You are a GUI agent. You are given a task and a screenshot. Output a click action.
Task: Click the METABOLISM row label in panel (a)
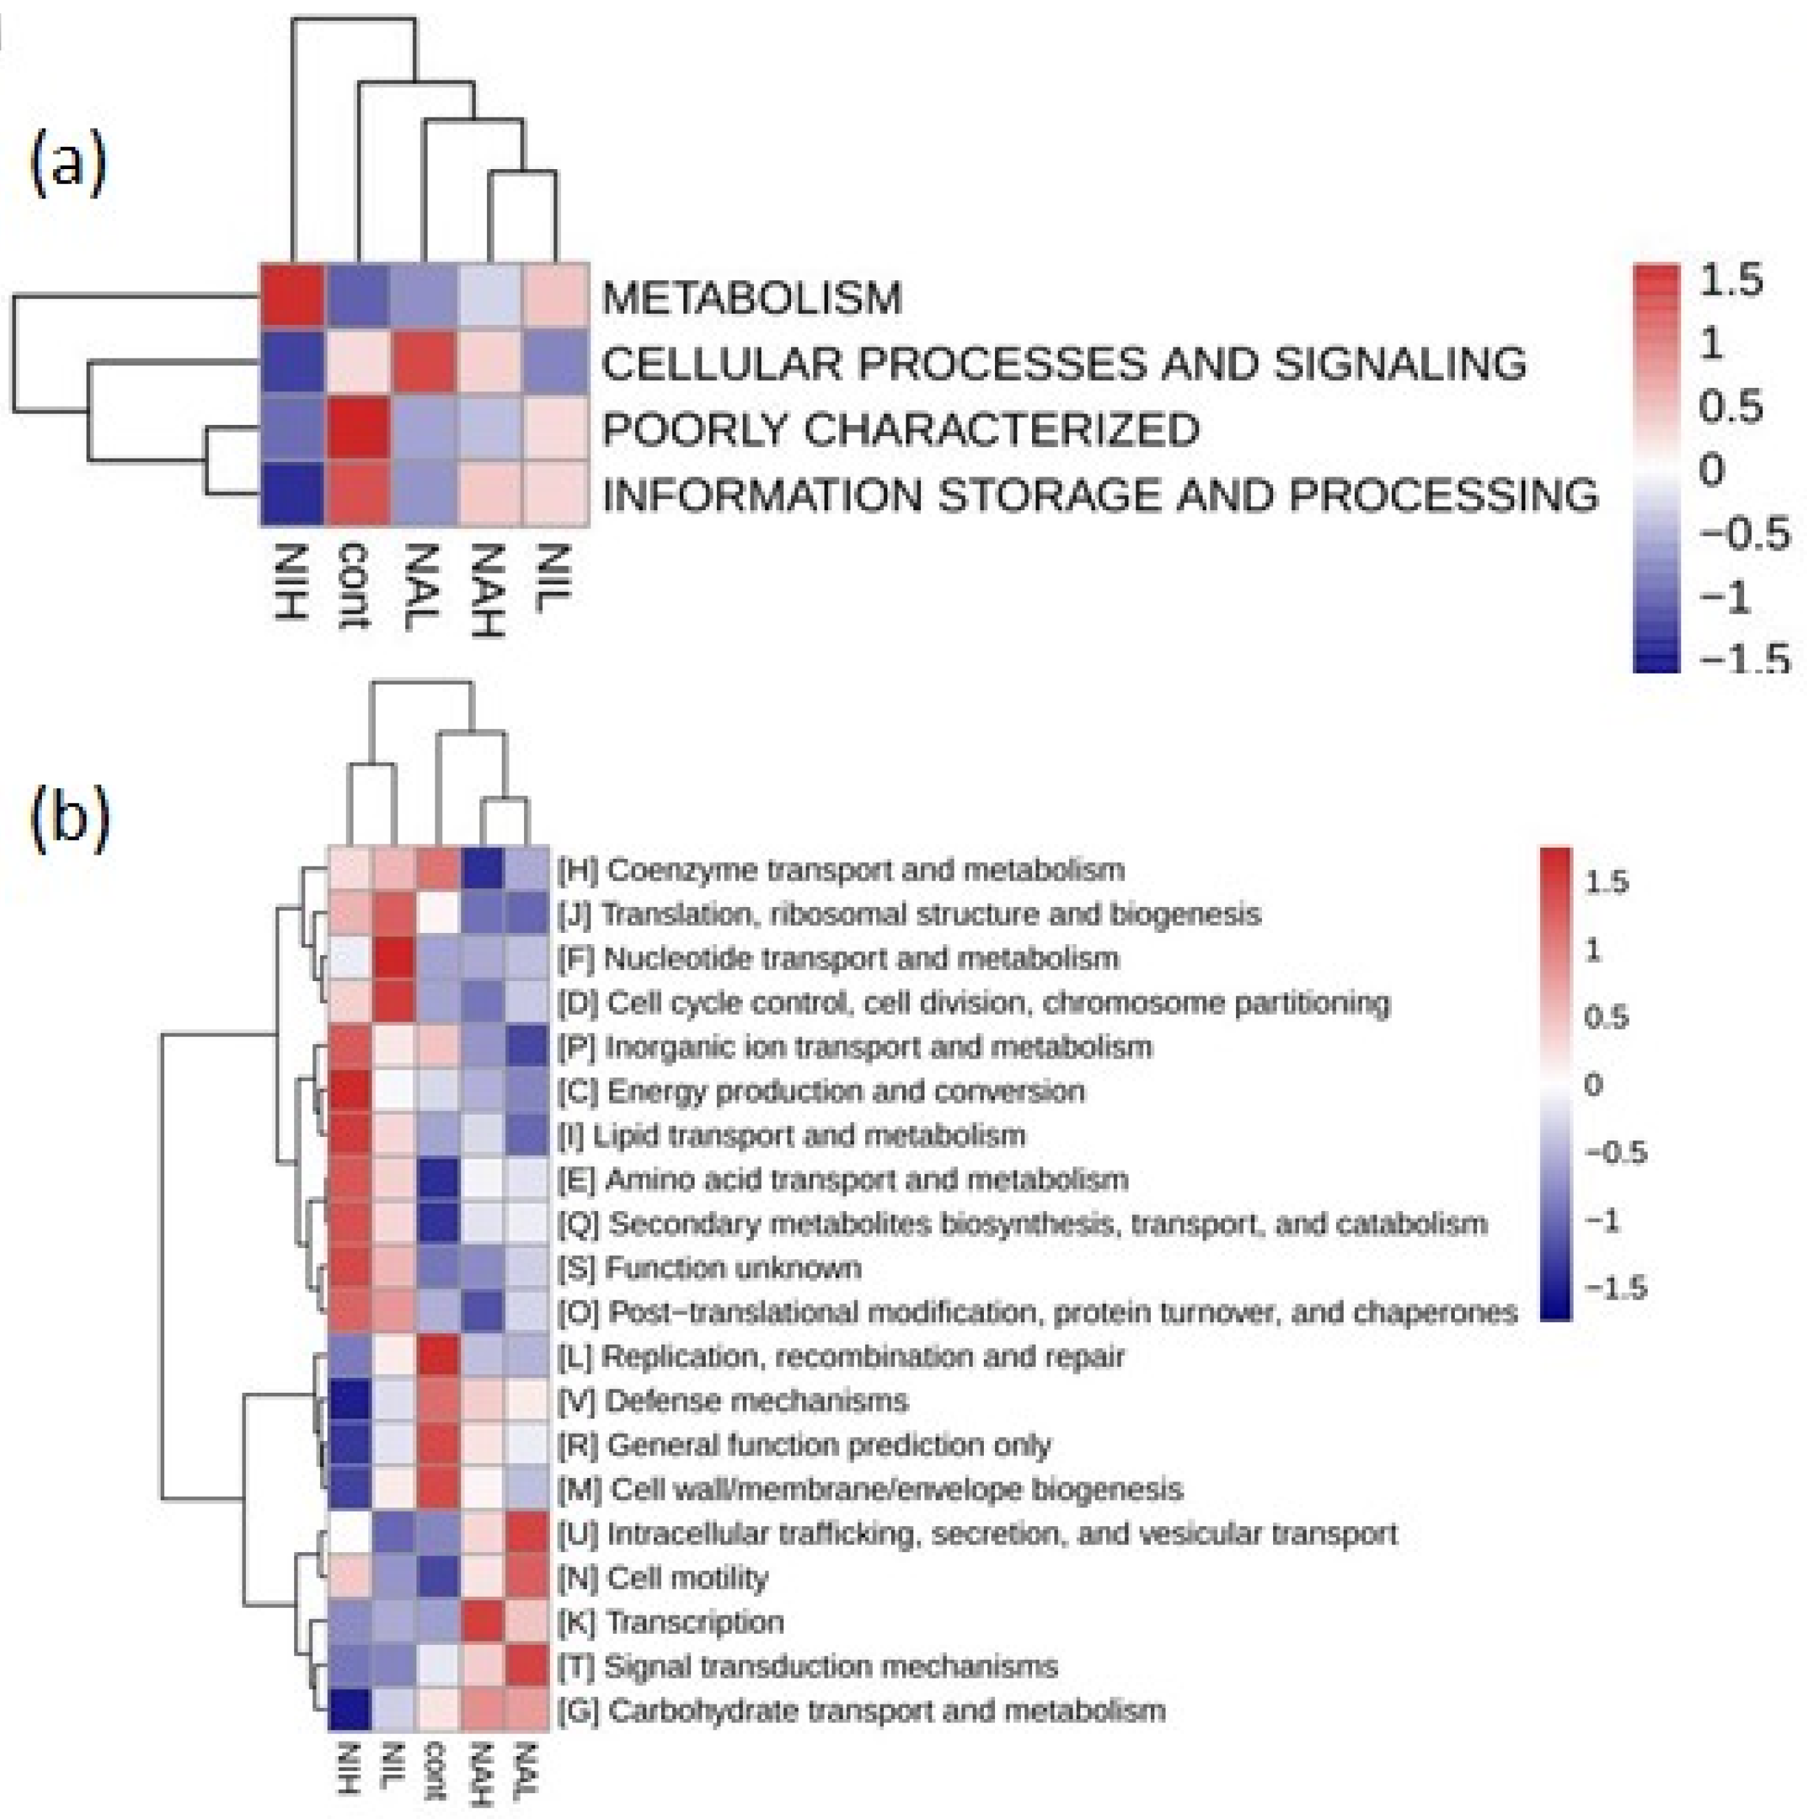pyautogui.click(x=751, y=298)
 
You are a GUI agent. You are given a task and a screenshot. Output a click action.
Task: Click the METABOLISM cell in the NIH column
pyautogui.click(x=293, y=298)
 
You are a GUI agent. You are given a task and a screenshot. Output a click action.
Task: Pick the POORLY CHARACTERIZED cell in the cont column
pyautogui.click(x=358, y=429)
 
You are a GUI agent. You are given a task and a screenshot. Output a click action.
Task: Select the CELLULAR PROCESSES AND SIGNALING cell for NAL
pyautogui.click(x=425, y=363)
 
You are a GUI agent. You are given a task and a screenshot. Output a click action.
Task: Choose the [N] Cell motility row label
pyautogui.click(x=663, y=1578)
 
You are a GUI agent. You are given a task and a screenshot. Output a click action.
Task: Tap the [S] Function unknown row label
pyautogui.click(x=710, y=1268)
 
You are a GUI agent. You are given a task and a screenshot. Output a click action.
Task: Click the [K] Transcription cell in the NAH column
pyautogui.click(x=482, y=1622)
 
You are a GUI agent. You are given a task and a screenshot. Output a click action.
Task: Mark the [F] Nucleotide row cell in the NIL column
pyautogui.click(x=395, y=959)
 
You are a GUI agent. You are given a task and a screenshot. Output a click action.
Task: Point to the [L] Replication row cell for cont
pyautogui.click(x=438, y=1356)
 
